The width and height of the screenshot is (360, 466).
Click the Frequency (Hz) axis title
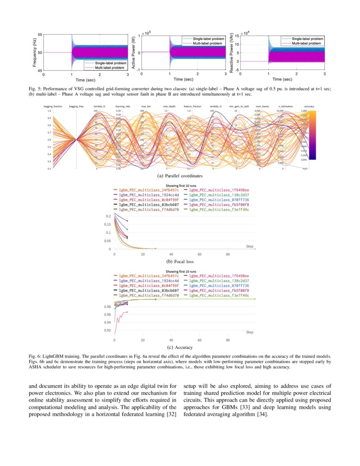tap(34, 53)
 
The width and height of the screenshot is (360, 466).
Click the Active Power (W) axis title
tap(134, 53)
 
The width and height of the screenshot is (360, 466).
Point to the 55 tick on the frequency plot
tap(39, 34)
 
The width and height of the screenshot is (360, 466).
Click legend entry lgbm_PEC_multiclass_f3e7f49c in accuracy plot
tap(219, 295)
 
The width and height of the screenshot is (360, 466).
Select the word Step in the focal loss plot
tap(249, 246)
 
